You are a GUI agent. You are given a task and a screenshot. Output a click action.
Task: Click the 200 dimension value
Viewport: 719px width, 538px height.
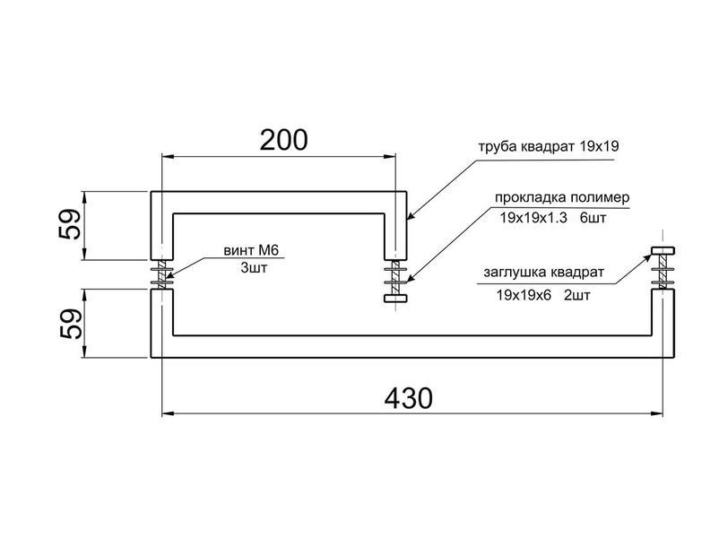click(x=284, y=141)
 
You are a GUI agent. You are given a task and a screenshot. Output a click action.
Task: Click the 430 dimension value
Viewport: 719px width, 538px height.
click(x=408, y=398)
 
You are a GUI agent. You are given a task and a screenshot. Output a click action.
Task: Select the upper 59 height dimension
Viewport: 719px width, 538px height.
click(x=70, y=224)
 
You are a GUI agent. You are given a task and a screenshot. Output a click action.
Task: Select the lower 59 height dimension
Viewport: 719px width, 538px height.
click(x=70, y=324)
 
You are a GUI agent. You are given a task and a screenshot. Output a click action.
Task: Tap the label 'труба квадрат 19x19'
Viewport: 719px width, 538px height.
click(x=549, y=146)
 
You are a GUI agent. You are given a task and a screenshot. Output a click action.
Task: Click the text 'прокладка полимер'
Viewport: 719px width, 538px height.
click(x=562, y=197)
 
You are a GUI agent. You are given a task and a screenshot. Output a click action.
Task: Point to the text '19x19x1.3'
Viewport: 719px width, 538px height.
click(x=533, y=218)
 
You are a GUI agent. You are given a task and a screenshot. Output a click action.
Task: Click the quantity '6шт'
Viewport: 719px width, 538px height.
click(x=593, y=218)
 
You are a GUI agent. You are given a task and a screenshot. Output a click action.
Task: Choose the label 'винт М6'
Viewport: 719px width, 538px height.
click(x=251, y=250)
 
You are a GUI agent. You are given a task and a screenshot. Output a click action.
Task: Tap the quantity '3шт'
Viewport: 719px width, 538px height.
click(x=254, y=268)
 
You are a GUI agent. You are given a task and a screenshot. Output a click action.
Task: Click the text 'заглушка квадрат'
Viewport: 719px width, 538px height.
click(x=544, y=273)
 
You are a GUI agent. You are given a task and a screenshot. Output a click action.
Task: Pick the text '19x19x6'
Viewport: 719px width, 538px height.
click(x=524, y=295)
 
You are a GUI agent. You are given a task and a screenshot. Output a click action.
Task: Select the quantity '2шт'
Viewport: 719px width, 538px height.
click(x=576, y=295)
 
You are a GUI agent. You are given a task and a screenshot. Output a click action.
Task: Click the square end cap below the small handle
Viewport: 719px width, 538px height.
click(x=395, y=298)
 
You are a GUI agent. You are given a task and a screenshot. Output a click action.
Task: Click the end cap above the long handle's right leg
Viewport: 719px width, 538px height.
click(x=663, y=250)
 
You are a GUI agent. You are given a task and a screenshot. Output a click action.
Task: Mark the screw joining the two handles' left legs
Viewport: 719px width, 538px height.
click(x=162, y=274)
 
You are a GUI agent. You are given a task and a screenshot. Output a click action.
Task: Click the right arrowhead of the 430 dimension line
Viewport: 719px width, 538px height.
click(x=656, y=413)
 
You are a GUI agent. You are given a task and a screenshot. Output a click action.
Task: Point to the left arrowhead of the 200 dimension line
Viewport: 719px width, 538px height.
click(x=169, y=157)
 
